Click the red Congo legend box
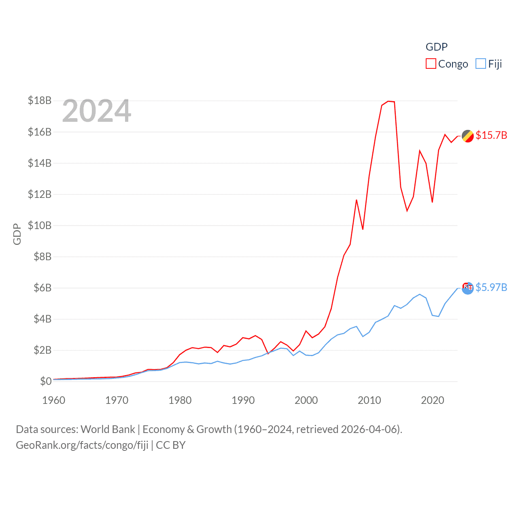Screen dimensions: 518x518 click(x=431, y=64)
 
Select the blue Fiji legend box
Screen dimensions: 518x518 click(x=480, y=64)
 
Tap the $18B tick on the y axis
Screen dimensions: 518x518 click(x=40, y=100)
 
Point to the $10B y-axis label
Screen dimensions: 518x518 click(x=40, y=225)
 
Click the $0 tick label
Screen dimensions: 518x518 click(x=46, y=381)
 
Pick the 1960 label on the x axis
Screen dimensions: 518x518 click(x=54, y=400)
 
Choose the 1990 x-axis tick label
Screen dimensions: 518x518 click(x=243, y=400)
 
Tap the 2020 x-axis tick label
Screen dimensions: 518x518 click(x=433, y=400)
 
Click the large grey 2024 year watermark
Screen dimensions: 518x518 click(x=97, y=111)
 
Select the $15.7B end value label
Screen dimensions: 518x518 click(x=491, y=135)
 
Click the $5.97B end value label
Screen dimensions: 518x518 click(x=491, y=287)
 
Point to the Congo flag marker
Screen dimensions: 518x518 click(x=468, y=136)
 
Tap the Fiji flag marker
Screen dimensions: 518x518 click(x=468, y=288)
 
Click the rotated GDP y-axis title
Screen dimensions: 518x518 click(x=17, y=234)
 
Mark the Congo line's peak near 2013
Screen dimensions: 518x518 click(x=388, y=101)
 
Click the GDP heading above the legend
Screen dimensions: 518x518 click(x=437, y=47)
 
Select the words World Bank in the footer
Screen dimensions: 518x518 click(x=108, y=429)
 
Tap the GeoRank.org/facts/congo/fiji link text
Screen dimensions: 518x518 click(x=82, y=445)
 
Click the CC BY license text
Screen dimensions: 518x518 click(x=171, y=445)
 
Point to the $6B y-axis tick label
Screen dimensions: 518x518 click(x=42, y=288)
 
